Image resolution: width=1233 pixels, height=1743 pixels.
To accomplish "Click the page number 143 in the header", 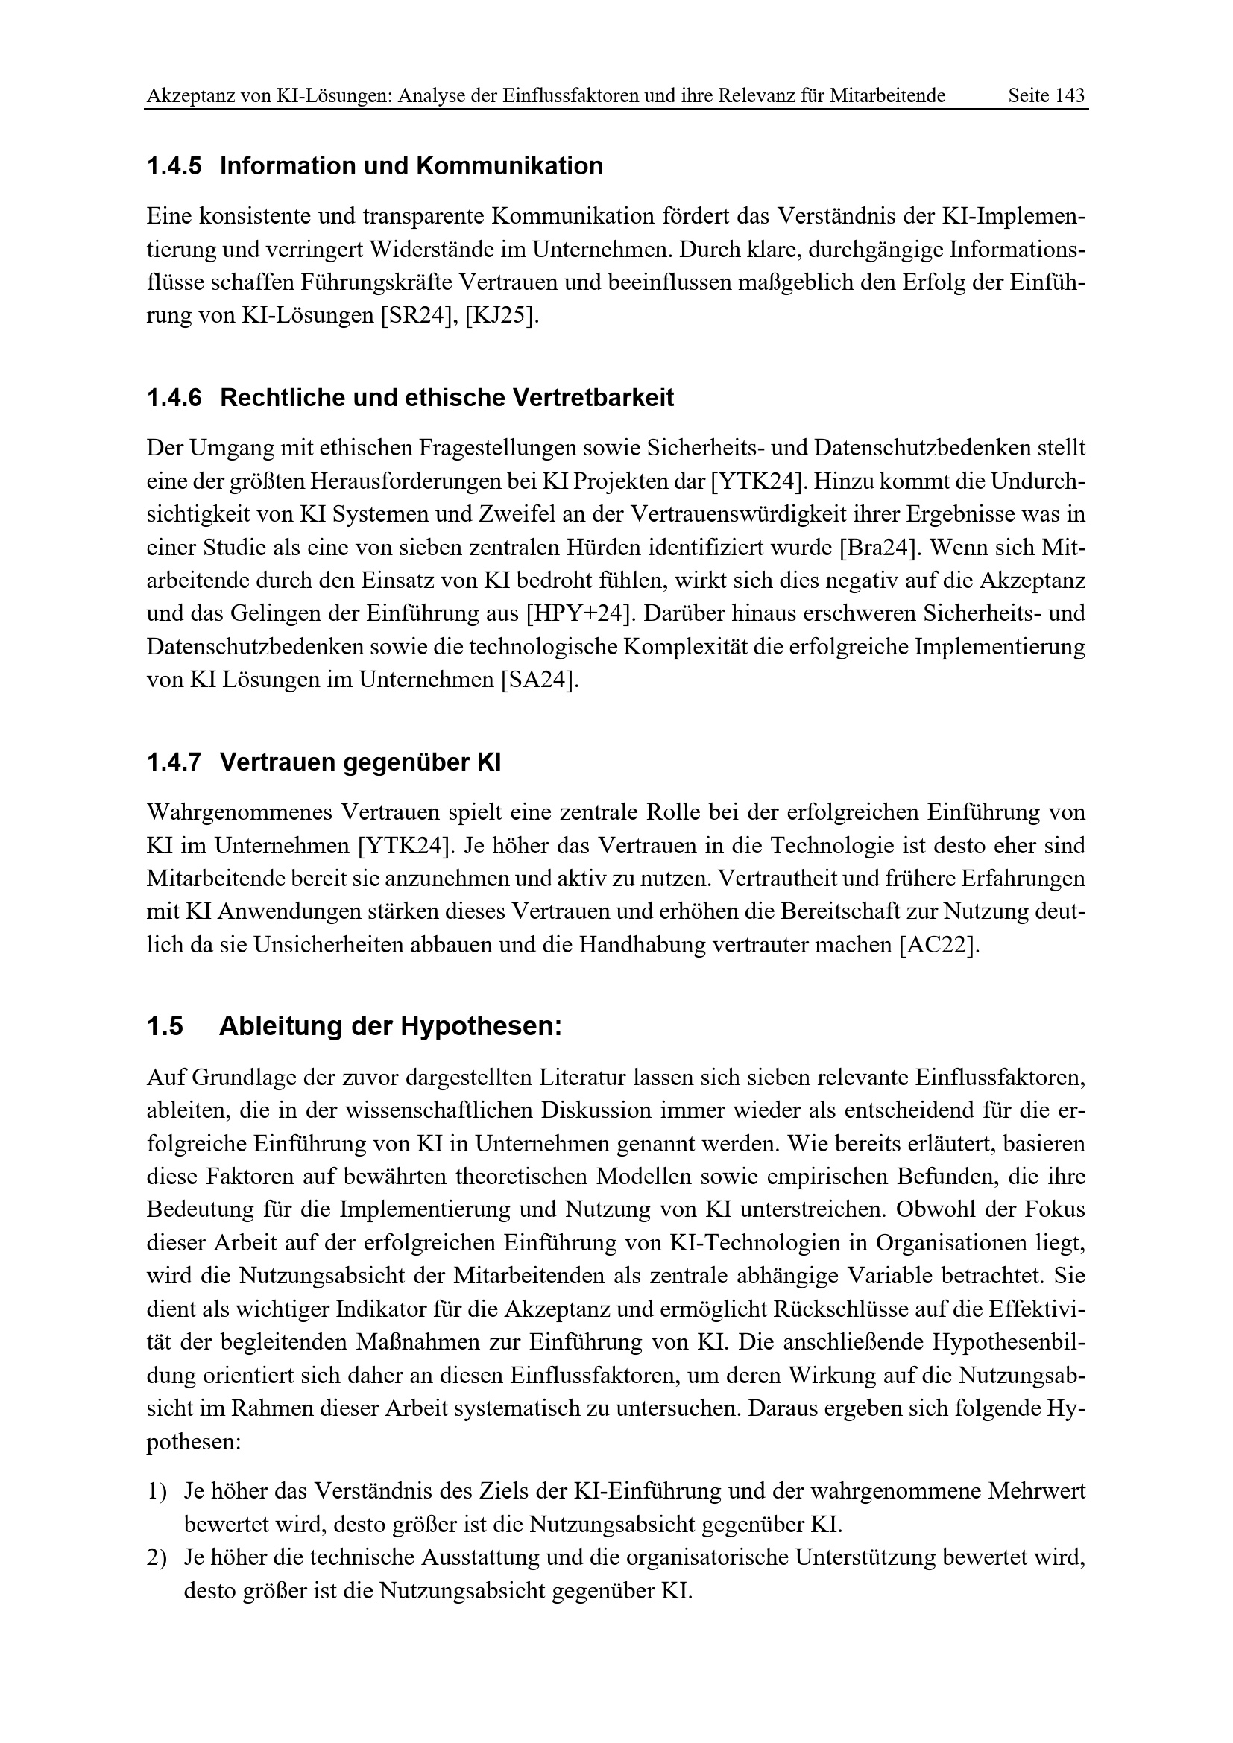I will pyautogui.click(x=1070, y=95).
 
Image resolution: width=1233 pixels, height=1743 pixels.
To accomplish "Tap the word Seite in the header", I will pyautogui.click(x=1028, y=95).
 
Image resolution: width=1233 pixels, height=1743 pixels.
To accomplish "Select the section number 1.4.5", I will pyautogui.click(x=174, y=166).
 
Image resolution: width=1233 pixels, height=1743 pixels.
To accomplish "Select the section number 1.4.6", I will pyautogui.click(x=174, y=398).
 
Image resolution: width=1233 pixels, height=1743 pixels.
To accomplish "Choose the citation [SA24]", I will pyautogui.click(x=538, y=680).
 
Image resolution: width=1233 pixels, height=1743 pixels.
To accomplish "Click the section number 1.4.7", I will pyautogui.click(x=174, y=762).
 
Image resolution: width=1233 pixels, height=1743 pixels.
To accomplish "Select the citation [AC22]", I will pyautogui.click(x=938, y=946).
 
